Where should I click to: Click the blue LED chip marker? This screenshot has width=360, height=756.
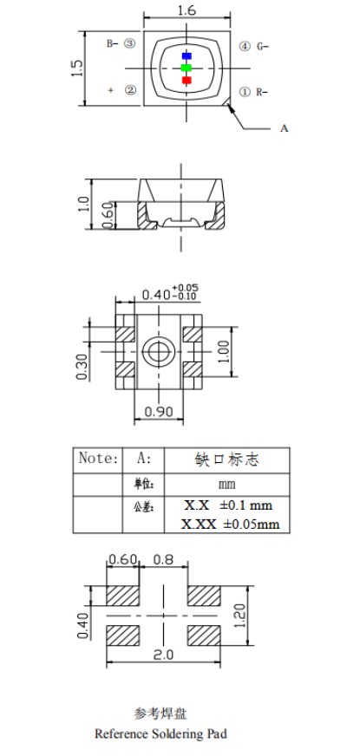tap(186, 55)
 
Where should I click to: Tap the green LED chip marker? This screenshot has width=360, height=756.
tap(186, 68)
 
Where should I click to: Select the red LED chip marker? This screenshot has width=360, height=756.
tap(186, 81)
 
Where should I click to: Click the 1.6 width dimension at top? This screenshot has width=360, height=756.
tap(184, 10)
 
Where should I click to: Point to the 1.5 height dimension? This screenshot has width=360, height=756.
tap(77, 68)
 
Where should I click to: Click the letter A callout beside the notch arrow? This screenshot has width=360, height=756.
tap(284, 128)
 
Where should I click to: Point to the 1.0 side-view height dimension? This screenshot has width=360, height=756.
tap(84, 204)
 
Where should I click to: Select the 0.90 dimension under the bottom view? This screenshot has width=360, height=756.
tap(160, 411)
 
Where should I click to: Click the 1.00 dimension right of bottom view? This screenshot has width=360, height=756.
tap(225, 352)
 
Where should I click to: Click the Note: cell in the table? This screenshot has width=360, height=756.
tap(97, 458)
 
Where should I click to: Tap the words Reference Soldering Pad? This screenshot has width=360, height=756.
tap(161, 733)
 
